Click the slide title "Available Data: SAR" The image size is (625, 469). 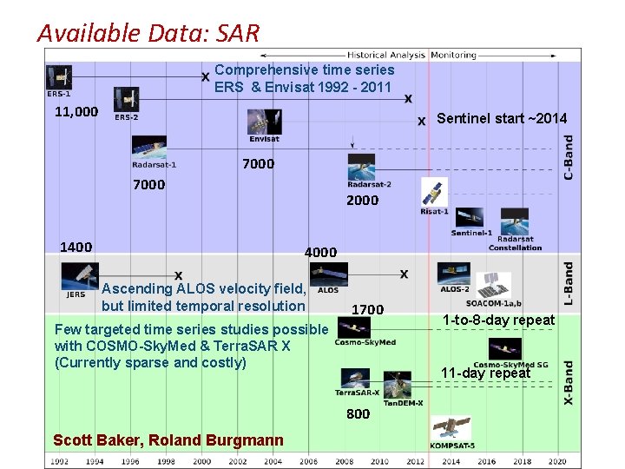148,33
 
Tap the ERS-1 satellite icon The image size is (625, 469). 59,77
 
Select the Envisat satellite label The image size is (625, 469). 265,139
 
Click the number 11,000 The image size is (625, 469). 76,112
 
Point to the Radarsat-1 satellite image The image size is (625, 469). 149,147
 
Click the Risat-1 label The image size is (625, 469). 434,211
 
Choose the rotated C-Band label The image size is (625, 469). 569,157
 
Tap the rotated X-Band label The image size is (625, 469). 569,383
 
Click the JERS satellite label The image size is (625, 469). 76,294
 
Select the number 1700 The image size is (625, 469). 367,309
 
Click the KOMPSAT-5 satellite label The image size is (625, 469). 451,445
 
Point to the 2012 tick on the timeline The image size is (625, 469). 416,461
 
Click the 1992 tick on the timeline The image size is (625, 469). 59,461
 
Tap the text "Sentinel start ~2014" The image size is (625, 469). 502,118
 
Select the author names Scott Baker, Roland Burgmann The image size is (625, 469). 168,440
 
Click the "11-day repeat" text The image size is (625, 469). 485,373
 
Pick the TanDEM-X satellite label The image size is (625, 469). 404,402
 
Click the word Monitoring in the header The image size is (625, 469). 453,55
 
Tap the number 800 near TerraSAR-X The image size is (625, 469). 358,413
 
